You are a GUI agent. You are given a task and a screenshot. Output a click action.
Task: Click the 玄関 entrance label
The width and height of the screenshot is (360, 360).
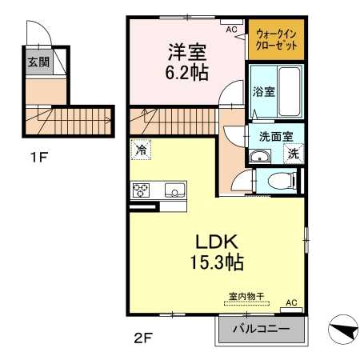(39, 62)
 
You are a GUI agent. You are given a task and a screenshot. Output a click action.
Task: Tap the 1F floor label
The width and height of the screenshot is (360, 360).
(38, 157)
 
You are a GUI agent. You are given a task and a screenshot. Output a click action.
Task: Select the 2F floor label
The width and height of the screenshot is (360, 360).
(142, 338)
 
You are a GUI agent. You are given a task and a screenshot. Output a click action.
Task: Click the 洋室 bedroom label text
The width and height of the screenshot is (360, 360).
(187, 52)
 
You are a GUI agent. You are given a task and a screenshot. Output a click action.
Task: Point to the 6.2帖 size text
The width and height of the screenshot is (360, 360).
(186, 72)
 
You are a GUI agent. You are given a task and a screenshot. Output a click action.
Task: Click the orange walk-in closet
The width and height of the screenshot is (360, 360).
(276, 39)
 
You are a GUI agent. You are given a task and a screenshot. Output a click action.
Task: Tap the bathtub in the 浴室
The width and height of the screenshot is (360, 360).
(290, 91)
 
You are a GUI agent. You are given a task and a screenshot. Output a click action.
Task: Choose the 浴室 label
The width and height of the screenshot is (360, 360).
(263, 92)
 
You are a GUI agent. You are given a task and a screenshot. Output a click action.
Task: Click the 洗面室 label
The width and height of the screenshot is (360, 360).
(276, 137)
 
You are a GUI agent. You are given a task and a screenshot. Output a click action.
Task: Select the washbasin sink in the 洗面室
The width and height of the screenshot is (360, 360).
(260, 156)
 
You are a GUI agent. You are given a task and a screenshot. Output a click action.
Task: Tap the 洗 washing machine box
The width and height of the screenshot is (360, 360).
(294, 154)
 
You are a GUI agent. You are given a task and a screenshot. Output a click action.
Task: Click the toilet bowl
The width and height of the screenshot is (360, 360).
(282, 181)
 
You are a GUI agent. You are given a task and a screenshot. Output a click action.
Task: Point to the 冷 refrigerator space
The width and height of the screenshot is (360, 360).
(141, 150)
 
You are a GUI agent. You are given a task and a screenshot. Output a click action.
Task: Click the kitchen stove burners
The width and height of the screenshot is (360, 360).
(141, 190)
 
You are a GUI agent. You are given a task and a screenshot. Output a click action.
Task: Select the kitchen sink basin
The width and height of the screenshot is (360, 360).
(175, 190)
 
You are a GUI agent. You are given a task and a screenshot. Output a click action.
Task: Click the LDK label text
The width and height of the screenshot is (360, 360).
(217, 242)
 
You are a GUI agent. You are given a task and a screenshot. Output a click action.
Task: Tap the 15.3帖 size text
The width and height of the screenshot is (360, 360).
(217, 262)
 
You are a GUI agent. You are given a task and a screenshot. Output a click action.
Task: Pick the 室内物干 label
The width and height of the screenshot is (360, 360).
(246, 296)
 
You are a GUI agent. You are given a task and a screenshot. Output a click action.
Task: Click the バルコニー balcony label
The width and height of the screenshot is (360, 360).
(262, 329)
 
